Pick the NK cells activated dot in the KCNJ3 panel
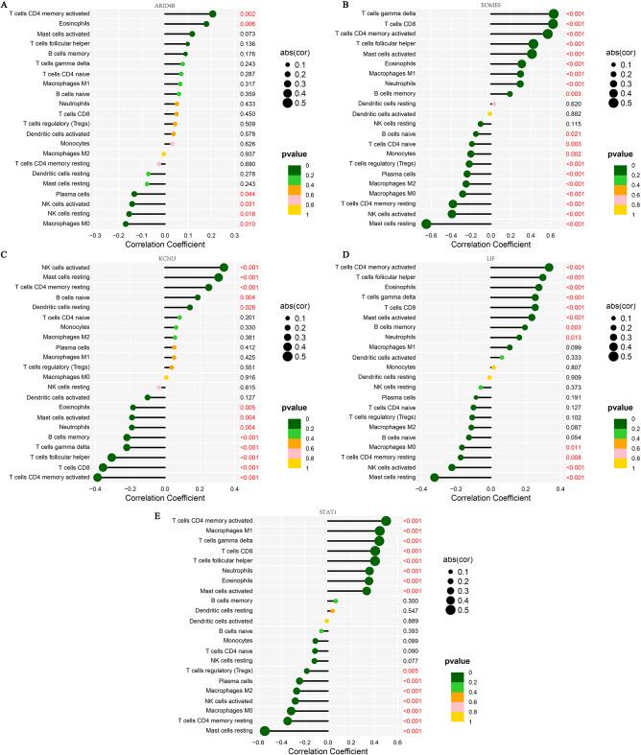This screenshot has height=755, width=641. tap(224, 268)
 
